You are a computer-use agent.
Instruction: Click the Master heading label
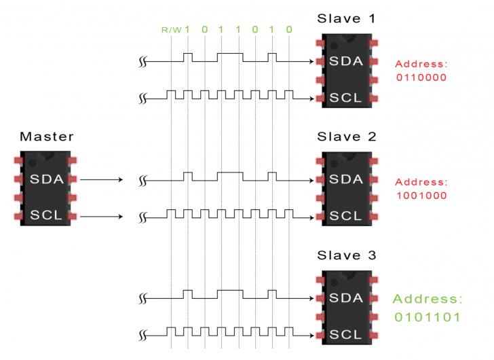[x=46, y=137]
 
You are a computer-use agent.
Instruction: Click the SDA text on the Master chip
[x=46, y=179]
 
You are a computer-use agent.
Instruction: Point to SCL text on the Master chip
[x=46, y=216]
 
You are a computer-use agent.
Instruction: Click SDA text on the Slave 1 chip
[x=346, y=62]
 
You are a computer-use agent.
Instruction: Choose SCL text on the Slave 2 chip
[x=346, y=216]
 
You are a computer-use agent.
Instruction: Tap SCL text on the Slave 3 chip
[x=346, y=335]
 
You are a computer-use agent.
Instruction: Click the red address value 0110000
[x=421, y=77]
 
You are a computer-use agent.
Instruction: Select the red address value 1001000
[x=421, y=195]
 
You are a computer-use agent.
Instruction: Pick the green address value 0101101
[x=427, y=317]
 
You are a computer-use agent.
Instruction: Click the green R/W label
[x=170, y=30]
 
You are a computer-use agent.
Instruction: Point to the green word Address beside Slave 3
[x=427, y=299]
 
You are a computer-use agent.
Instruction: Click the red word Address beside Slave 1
[x=421, y=64]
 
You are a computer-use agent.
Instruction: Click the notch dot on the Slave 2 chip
[x=334, y=164]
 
